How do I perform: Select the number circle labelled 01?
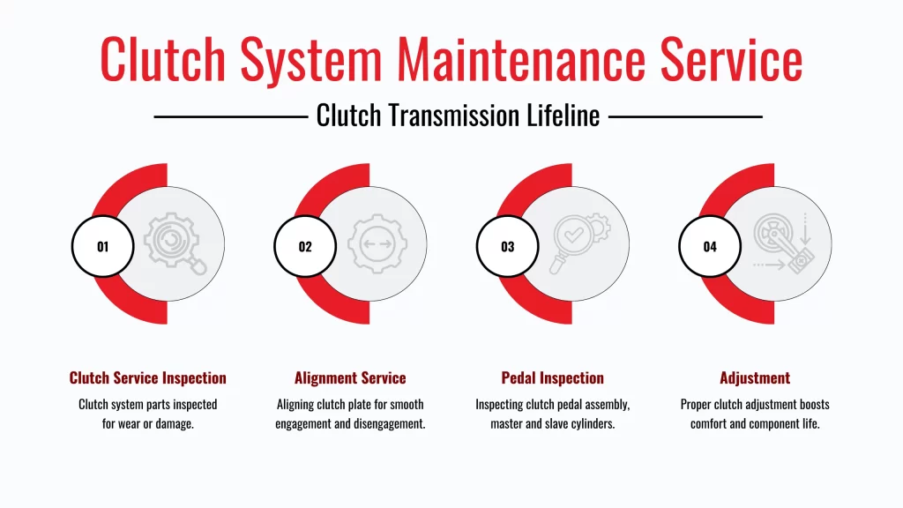point(102,247)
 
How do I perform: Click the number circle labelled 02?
point(304,247)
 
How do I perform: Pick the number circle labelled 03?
point(507,247)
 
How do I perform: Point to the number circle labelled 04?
point(710,247)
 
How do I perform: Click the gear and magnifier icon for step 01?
point(174,243)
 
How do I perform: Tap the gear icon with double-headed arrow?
point(377,243)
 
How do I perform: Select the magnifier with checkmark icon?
point(578,243)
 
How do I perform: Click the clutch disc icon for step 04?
point(781,243)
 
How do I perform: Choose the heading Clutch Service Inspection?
point(147,378)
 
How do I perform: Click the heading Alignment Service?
point(350,378)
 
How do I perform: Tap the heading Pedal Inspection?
point(552,378)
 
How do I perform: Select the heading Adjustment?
point(755,378)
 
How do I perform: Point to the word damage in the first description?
point(175,423)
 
